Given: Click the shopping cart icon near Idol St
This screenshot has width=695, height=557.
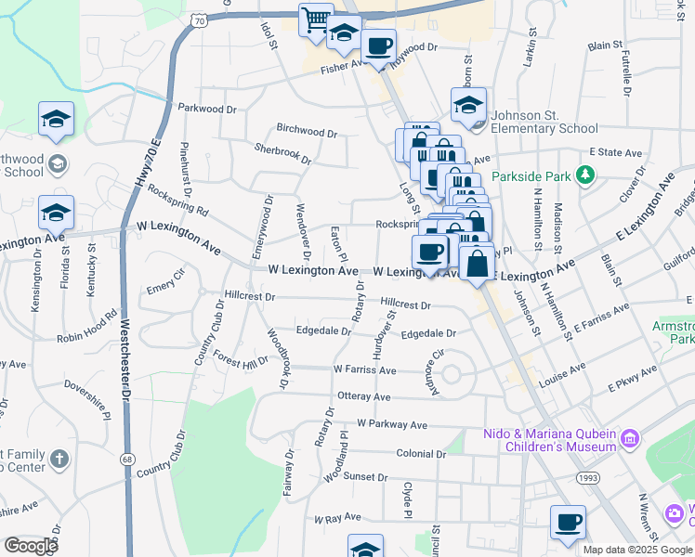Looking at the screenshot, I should click(316, 19).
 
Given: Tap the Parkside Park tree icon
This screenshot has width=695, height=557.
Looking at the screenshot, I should click(584, 175).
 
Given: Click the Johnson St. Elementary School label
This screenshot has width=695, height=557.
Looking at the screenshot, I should click(544, 123).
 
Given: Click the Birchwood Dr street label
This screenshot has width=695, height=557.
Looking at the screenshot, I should click(307, 131).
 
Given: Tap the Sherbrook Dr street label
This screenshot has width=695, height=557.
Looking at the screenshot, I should click(283, 152).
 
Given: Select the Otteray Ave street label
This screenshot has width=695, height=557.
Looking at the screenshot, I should click(363, 395).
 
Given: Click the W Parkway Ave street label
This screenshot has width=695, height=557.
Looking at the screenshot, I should click(387, 424).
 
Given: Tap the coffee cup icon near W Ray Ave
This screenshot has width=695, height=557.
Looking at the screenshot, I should click(568, 521).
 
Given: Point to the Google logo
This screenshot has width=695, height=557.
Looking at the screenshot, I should click(31, 546).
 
